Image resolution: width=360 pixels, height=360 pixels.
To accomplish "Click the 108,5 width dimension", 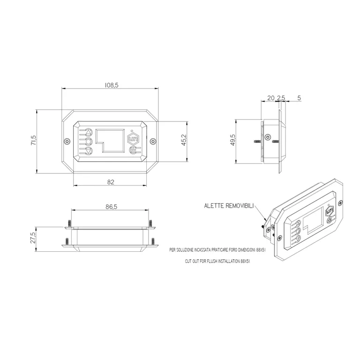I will coord(111,85).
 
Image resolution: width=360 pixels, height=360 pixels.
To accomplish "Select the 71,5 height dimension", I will coord(33,141).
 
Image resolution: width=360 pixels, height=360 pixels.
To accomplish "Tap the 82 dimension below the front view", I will coord(111,182).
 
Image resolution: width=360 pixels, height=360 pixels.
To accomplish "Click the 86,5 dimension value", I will coord(111,206).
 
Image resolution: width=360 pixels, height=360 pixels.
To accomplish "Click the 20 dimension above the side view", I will coord(270,98).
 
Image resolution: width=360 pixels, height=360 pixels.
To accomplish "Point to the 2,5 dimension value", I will coord(281,98).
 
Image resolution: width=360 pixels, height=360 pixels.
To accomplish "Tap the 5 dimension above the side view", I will coord(299,98).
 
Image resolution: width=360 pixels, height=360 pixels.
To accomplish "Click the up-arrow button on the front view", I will coord(89,132).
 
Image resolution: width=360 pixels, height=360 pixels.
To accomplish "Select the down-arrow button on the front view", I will coord(89,150).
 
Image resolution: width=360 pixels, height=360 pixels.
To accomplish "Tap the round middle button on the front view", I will coord(89,141).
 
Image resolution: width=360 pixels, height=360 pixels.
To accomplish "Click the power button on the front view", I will coord(133,150).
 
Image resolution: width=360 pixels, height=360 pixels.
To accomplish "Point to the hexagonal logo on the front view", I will coord(133,139).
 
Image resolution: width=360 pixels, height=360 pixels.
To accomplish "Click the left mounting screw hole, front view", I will coord(67,141).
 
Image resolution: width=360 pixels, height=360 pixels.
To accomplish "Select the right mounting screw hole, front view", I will coord(152,141).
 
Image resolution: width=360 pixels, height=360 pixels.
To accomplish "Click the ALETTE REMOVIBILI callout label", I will coord(228,205).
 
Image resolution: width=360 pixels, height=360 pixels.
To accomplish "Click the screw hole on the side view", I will coord(268,137).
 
